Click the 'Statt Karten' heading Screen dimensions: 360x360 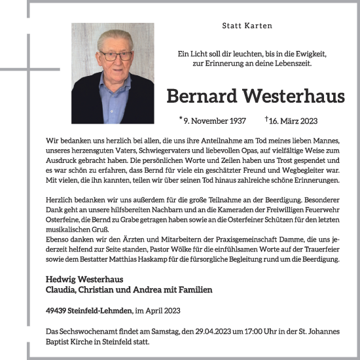[247, 26]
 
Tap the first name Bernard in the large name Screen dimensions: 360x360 [201, 97]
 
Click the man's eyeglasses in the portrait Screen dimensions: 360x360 [115, 56]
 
